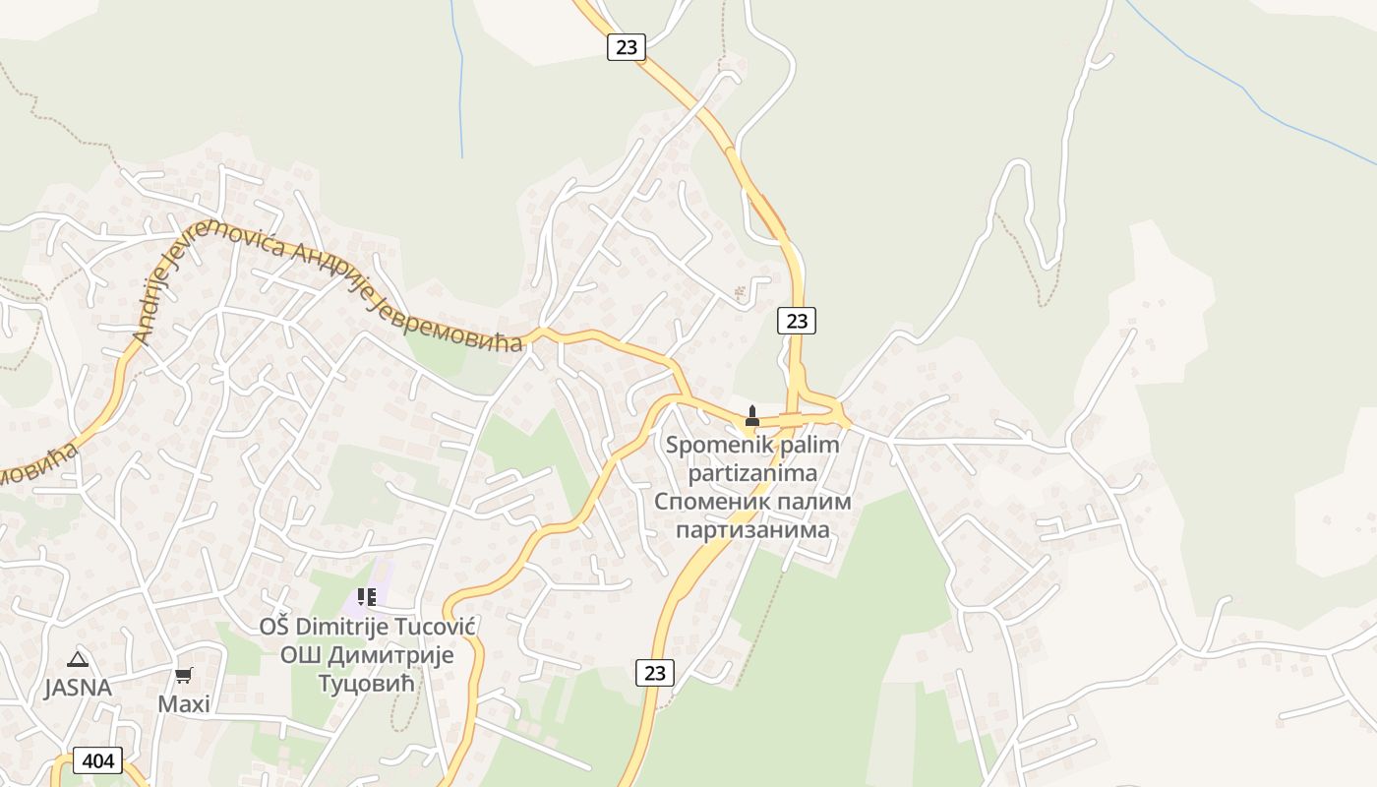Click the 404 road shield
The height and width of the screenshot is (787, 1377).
97,760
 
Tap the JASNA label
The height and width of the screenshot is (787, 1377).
78,688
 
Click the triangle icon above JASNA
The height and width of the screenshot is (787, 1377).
78,659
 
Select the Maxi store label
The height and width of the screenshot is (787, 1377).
184,704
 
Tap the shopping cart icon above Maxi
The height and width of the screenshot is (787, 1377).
184,675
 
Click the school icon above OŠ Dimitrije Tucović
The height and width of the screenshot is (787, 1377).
367,597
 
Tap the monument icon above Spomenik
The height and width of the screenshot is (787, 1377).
752,416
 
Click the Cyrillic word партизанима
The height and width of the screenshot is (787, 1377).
752,529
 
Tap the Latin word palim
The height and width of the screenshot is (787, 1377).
806,445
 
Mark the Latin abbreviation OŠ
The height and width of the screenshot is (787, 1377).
274,627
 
